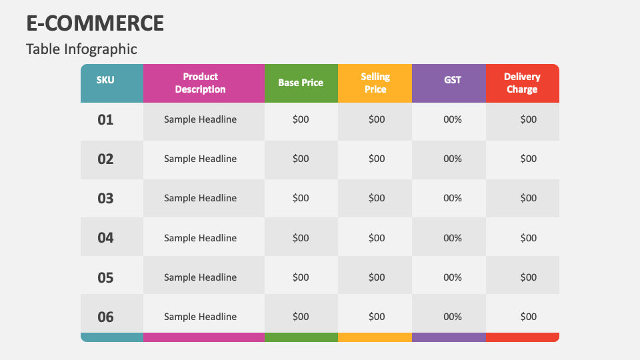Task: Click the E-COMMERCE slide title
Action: point(95,23)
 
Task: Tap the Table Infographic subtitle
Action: point(81,49)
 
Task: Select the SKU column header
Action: point(105,80)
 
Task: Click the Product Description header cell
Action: point(200,83)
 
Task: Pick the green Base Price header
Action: point(301,83)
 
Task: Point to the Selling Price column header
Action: point(375,83)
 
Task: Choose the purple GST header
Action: point(453,80)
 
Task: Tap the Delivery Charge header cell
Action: point(522,83)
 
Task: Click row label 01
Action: point(105,120)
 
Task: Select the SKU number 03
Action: point(105,199)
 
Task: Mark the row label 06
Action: point(105,317)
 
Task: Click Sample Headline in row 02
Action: point(200,159)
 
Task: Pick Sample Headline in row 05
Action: point(200,277)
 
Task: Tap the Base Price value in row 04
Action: point(301,238)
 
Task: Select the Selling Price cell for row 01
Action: point(377,119)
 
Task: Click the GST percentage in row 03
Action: point(453,198)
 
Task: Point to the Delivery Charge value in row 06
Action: point(528,317)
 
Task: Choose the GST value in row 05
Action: point(453,277)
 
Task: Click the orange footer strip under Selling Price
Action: point(375,337)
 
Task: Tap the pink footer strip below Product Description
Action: point(203,337)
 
